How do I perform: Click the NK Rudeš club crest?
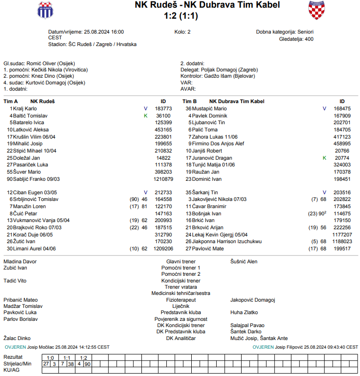point(46,10)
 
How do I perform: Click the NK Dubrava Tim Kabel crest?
point(317,10)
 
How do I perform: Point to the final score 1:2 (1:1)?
point(180,15)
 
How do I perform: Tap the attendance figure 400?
point(309,39)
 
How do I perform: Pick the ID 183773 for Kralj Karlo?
point(163,109)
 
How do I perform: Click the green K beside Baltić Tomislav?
point(146,116)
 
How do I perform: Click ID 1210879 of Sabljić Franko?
point(163,179)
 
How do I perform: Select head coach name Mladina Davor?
point(20,261)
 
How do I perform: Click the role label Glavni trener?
point(181,261)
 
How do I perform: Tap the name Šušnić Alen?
point(244,261)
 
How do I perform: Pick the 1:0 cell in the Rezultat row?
point(50,358)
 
